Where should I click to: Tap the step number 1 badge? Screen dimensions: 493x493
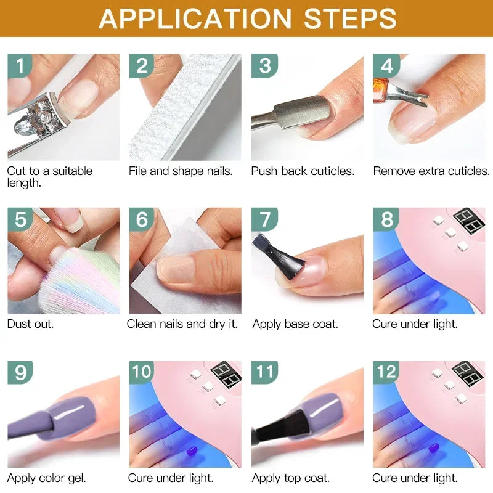20,65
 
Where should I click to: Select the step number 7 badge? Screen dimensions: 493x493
264,219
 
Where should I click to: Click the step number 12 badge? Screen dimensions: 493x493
387,372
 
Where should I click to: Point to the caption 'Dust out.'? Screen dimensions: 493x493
30,324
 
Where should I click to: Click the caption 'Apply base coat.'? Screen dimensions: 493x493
295,324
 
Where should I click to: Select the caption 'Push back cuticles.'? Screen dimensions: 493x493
303,171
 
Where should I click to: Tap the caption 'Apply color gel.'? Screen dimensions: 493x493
46,478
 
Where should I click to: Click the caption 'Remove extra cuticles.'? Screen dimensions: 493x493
431,171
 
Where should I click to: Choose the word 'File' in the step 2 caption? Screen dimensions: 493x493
137,171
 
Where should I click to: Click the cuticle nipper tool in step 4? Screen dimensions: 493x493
394,92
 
